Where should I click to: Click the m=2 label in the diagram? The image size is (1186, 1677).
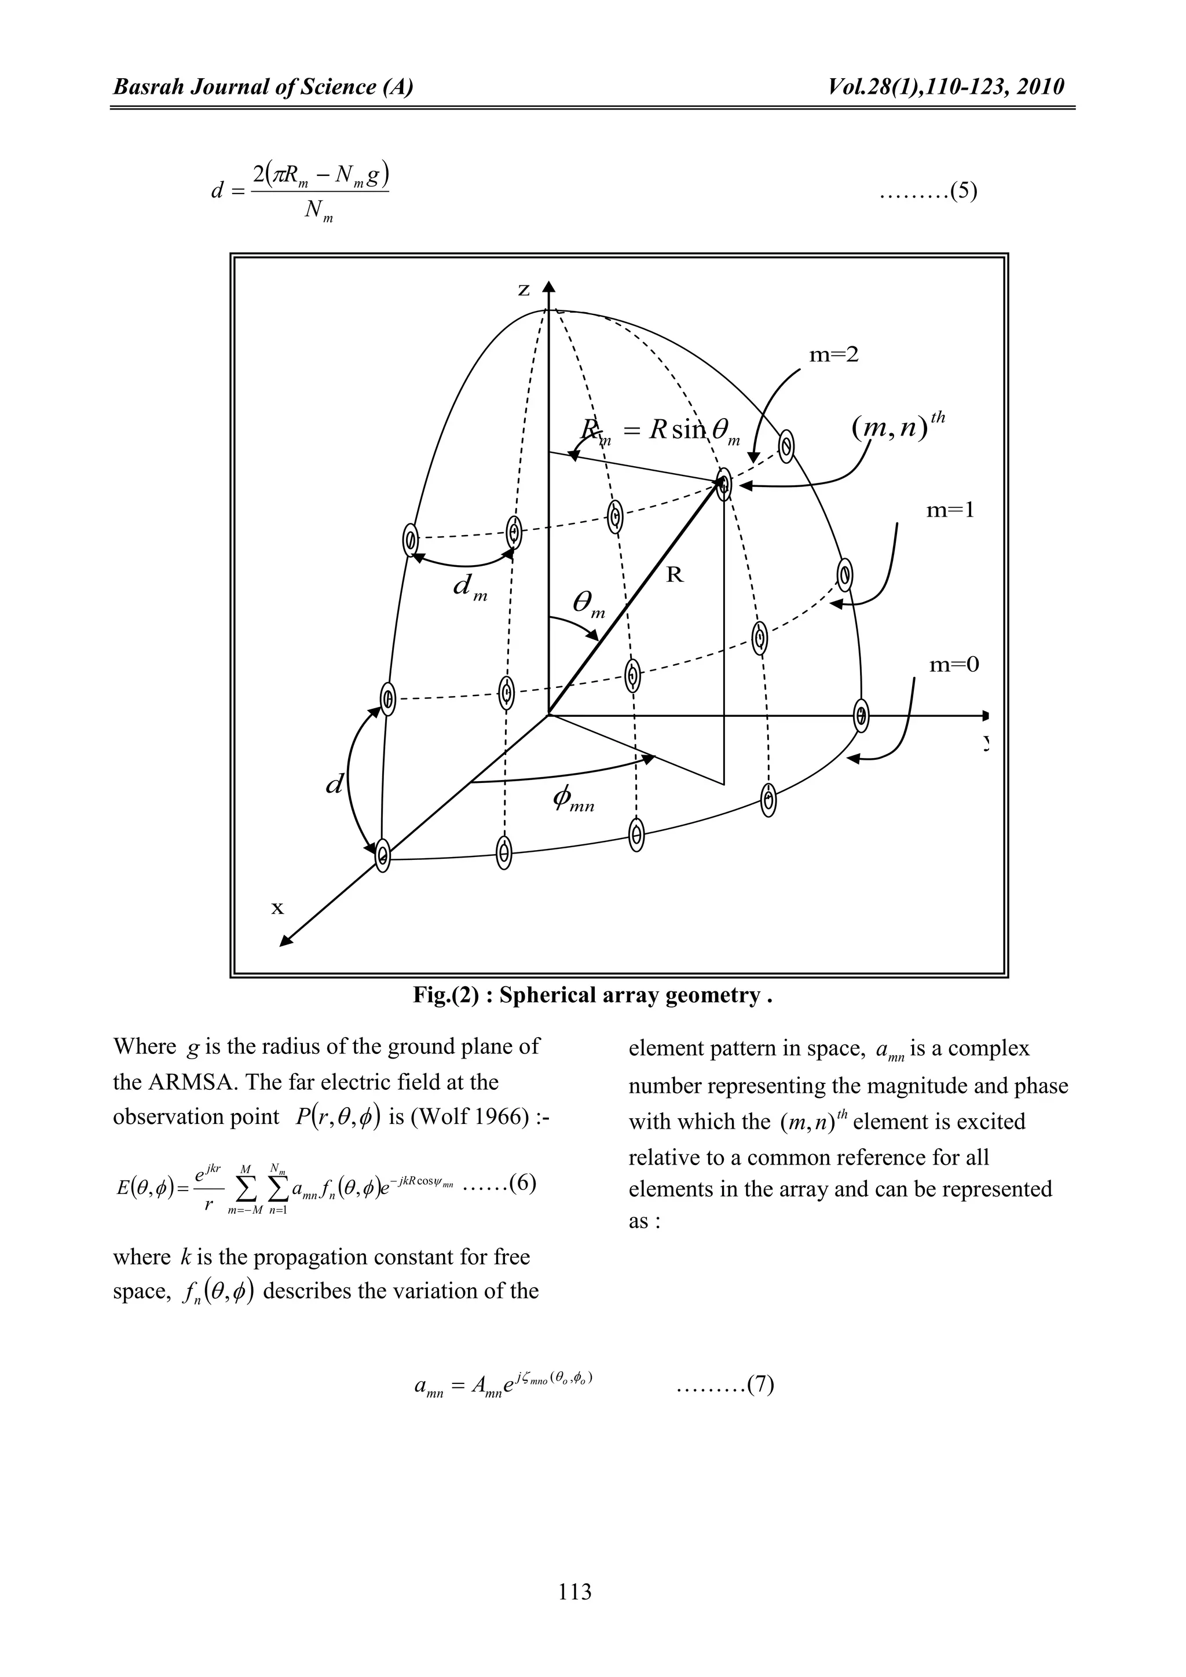click(x=834, y=355)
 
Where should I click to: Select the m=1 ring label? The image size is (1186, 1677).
click(x=950, y=511)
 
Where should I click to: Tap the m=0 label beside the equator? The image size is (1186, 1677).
click(x=953, y=665)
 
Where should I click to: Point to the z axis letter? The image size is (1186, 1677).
click(x=524, y=290)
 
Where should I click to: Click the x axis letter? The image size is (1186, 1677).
click(x=277, y=908)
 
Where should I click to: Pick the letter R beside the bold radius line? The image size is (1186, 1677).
click(x=676, y=576)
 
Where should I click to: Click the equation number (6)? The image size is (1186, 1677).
click(x=523, y=1183)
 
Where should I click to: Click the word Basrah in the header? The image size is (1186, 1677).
click(x=142, y=87)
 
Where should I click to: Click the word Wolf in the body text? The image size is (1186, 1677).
click(x=439, y=1118)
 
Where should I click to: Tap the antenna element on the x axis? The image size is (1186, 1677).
click(x=383, y=853)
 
